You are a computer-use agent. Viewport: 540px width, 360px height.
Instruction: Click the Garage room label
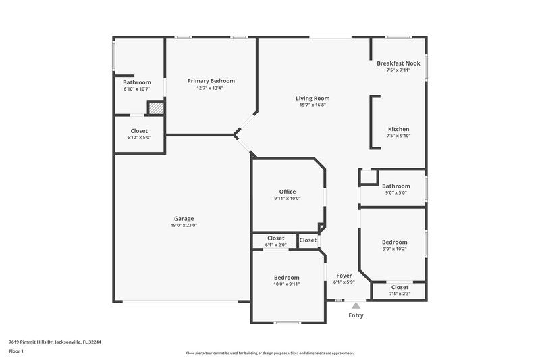(184, 219)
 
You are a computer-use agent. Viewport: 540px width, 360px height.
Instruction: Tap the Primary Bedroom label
(211, 81)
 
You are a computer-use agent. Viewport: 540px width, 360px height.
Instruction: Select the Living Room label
(313, 99)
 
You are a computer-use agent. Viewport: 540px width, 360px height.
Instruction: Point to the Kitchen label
(398, 129)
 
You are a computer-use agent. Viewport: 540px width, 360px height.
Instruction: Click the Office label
(288, 192)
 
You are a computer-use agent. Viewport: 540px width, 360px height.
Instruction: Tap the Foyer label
(344, 276)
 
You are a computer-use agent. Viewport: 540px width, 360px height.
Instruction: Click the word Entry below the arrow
(356, 315)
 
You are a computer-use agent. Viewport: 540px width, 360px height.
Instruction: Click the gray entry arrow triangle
(356, 305)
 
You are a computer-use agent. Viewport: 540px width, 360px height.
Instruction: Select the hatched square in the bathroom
(156, 108)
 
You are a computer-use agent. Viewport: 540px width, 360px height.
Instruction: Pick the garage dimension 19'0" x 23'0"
(184, 226)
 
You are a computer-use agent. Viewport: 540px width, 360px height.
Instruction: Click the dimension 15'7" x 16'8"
(313, 105)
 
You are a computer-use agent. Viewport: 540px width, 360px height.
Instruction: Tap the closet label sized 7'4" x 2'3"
(400, 287)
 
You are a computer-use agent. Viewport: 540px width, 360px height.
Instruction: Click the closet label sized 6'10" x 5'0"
(139, 131)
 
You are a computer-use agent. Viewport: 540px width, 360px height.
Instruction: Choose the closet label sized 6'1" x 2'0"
(275, 238)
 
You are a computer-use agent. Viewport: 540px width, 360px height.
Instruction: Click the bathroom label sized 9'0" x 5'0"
(396, 186)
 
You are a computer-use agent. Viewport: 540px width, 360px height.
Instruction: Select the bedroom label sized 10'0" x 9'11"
(287, 278)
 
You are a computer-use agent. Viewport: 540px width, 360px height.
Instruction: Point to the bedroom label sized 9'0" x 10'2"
(395, 242)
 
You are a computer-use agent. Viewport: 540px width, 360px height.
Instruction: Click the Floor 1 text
(16, 351)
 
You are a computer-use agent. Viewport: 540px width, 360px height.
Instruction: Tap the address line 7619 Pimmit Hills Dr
(55, 342)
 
